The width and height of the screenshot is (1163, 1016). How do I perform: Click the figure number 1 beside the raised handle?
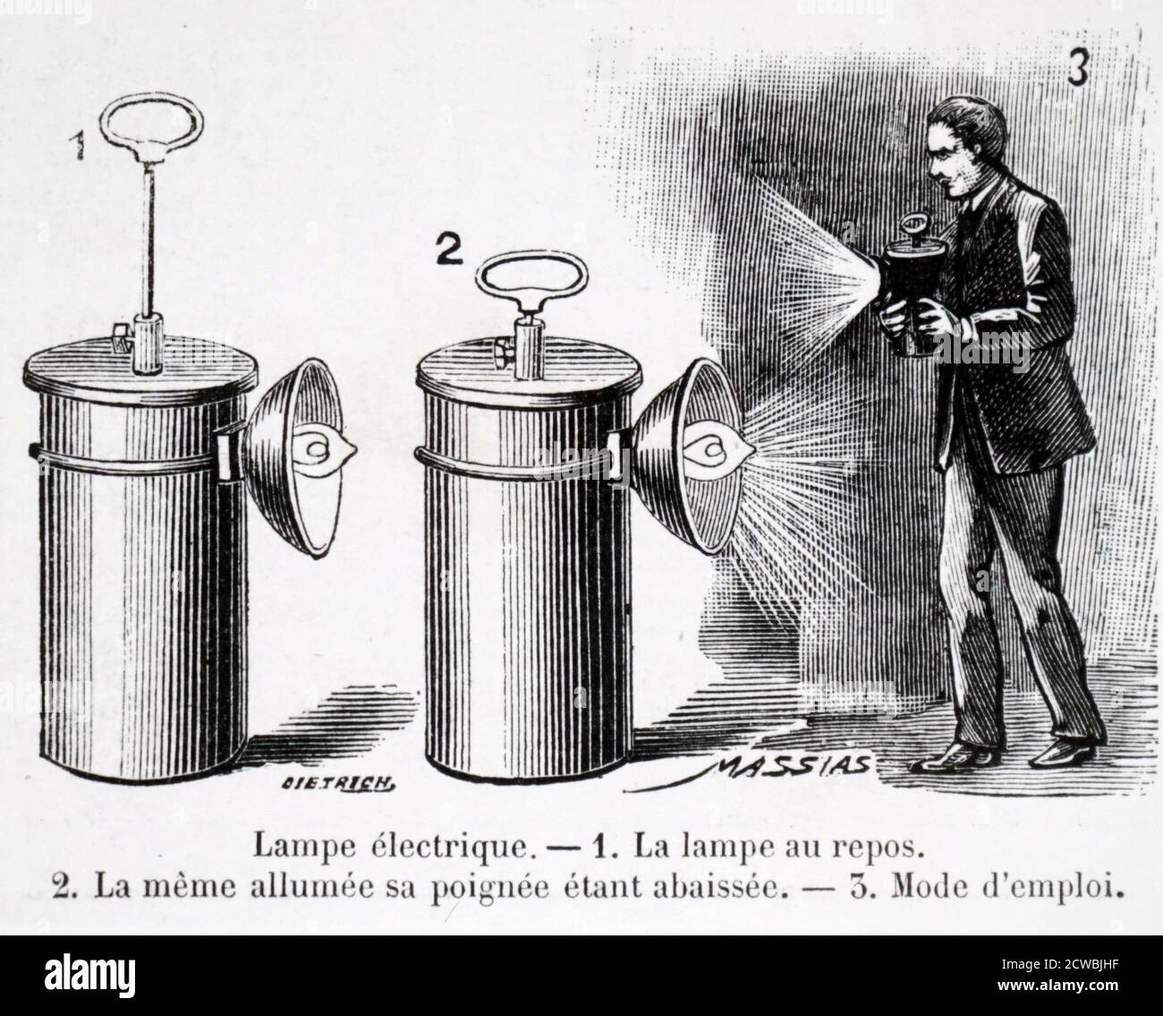coord(81,144)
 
